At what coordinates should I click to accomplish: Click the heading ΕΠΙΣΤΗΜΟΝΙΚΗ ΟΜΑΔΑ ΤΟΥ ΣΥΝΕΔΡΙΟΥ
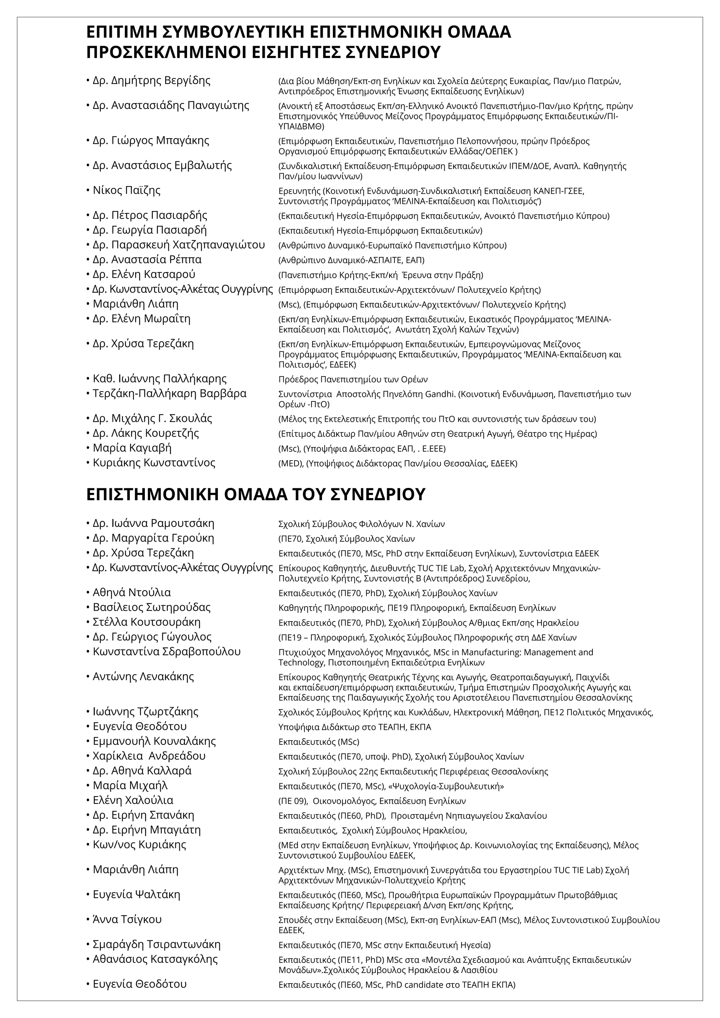pyautogui.click(x=256, y=494)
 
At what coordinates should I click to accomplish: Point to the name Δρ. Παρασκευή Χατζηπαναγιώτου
pyautogui.click(x=179, y=245)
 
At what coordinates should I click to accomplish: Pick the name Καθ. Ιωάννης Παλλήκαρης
pyautogui.click(x=160, y=379)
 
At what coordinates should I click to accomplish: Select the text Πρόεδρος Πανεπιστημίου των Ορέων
pyautogui.click(x=353, y=380)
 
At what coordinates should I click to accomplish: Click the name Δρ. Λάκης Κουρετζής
pyautogui.click(x=146, y=433)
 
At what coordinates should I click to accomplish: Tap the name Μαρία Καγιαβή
pyautogui.click(x=132, y=448)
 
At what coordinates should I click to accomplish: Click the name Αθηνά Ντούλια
pyautogui.click(x=132, y=592)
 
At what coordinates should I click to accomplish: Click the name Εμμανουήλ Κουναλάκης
pyautogui.click(x=154, y=741)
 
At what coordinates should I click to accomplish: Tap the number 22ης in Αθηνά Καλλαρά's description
pyautogui.click(x=369, y=772)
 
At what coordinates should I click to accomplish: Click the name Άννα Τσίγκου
pyautogui.click(x=127, y=920)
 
